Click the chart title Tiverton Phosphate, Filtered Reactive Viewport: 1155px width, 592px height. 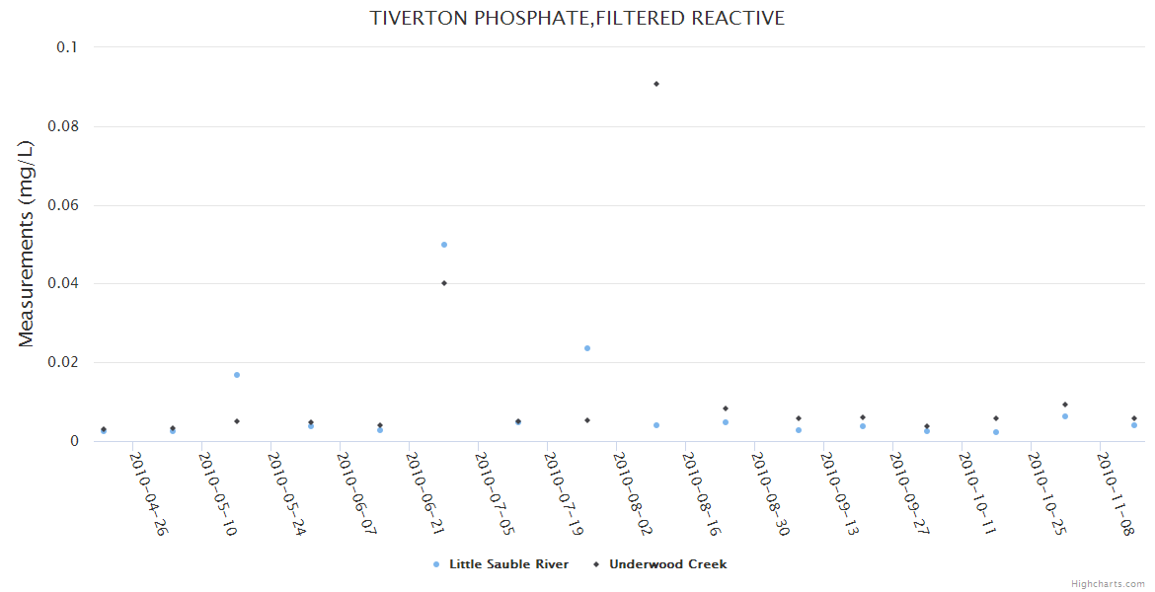tap(577, 18)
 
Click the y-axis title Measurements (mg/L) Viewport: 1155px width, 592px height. tap(27, 244)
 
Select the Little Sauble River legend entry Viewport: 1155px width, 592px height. tap(508, 564)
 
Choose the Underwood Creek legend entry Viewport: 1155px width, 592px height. tap(667, 564)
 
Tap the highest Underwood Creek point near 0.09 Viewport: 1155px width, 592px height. tap(656, 84)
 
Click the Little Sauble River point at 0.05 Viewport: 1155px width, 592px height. tap(444, 245)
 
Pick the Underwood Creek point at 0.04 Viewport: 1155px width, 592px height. tap(444, 283)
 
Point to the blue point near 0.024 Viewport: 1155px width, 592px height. tap(587, 348)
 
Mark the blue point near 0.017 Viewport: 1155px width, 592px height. tap(237, 375)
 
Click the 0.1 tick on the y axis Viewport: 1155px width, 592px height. tap(67, 47)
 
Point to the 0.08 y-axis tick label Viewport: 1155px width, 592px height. tap(62, 126)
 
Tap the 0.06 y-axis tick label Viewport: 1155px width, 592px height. tap(62, 205)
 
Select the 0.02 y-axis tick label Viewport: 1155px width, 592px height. tap(62, 362)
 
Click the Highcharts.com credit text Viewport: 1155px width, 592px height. tap(1108, 584)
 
